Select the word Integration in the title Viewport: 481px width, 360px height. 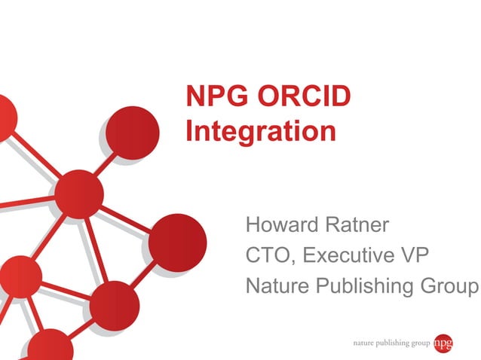coord(261,132)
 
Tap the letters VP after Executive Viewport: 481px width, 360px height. coord(415,256)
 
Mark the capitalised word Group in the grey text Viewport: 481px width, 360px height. coord(452,287)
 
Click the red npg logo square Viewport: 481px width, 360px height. coord(443,343)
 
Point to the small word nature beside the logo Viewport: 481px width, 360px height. coord(367,343)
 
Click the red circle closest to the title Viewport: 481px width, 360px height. coord(132,133)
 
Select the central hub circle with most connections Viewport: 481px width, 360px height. coord(78,194)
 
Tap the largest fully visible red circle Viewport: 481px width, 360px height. coord(177,243)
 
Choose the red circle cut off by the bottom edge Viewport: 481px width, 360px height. coord(51,347)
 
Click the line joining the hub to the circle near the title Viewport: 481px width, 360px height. coord(106,164)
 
